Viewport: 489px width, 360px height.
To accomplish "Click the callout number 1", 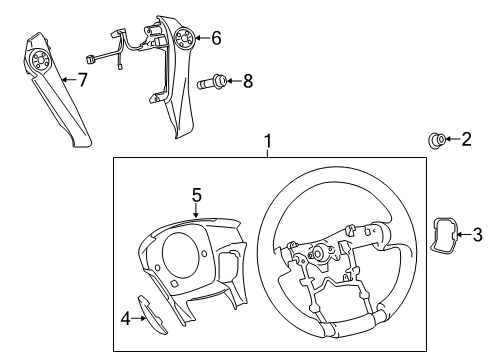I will point(266,142).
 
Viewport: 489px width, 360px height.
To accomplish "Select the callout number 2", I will point(466,140).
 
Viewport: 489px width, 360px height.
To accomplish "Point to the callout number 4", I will point(124,321).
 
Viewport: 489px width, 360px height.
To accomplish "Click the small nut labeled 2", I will point(438,139).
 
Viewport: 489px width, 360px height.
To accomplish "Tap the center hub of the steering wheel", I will point(322,258).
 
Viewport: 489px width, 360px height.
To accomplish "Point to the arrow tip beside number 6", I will point(197,39).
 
